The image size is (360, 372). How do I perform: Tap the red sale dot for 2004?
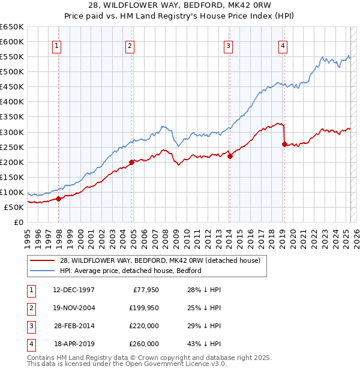click(x=131, y=162)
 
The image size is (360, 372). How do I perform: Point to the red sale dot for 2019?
click(x=284, y=144)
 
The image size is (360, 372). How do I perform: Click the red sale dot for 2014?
click(x=230, y=156)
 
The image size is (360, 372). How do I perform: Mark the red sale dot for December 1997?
click(x=59, y=199)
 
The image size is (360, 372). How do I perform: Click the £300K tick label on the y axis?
click(x=12, y=132)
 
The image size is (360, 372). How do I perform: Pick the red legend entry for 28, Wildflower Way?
click(x=160, y=260)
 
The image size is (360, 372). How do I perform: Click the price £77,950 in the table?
click(x=144, y=289)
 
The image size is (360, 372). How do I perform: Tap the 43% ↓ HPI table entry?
click(x=205, y=344)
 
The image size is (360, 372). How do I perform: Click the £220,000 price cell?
click(x=144, y=326)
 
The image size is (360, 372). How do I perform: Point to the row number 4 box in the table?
click(x=30, y=344)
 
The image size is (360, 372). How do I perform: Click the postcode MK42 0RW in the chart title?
click(x=251, y=7)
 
